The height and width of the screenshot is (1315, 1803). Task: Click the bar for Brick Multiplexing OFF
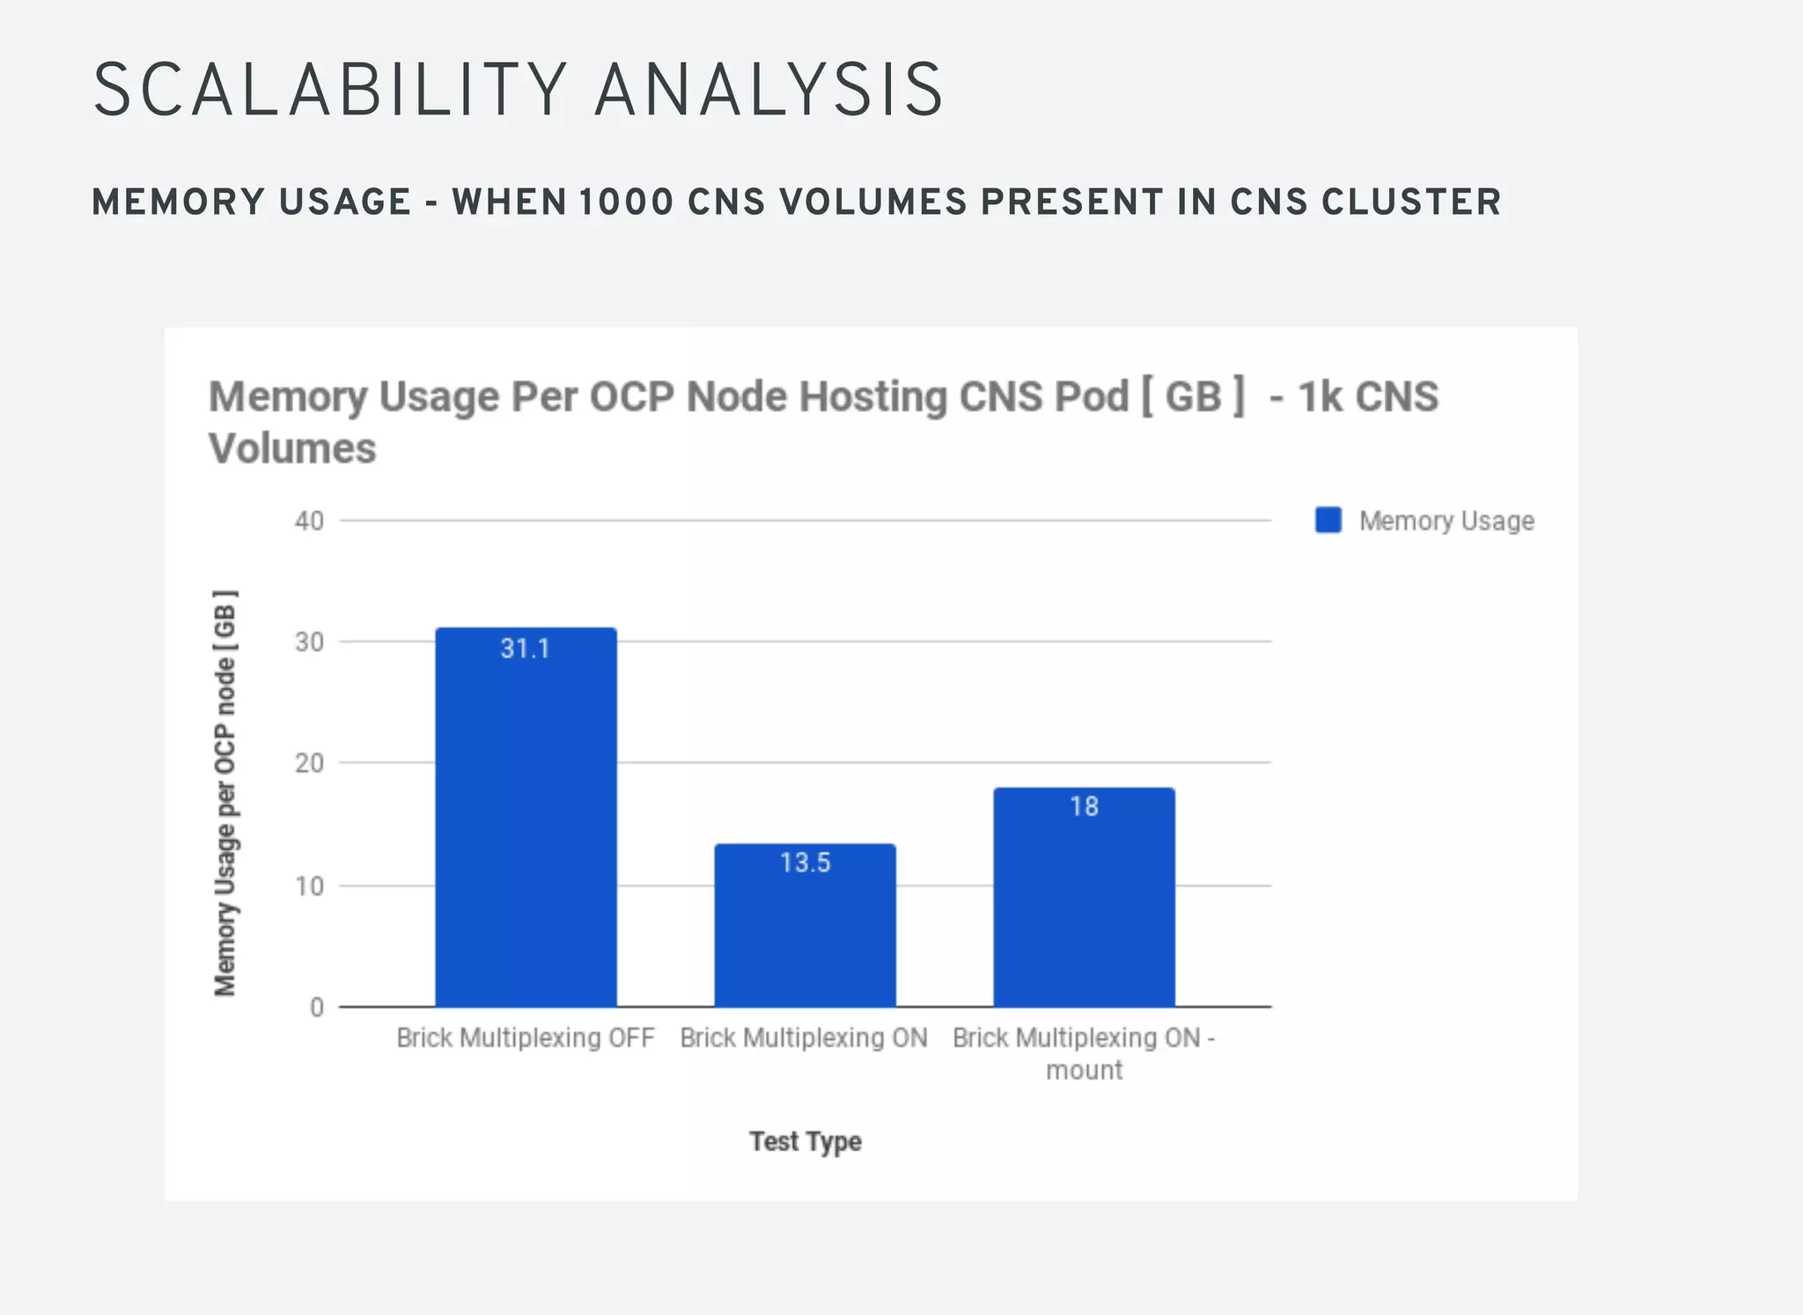tap(526, 827)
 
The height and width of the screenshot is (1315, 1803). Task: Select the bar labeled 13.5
tap(805, 933)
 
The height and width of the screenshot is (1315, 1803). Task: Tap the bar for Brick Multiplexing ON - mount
tap(1084, 907)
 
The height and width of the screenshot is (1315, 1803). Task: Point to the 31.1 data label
tap(526, 649)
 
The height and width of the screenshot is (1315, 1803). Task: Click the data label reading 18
tap(1084, 806)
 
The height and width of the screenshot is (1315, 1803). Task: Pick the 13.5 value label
tap(805, 863)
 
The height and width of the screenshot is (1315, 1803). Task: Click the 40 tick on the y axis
tap(309, 521)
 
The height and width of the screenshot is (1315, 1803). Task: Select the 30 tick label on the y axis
tap(309, 643)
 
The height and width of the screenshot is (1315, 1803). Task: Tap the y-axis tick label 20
tap(309, 763)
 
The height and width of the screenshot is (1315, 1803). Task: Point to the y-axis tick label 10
tap(309, 885)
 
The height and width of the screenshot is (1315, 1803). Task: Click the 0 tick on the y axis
tap(317, 1007)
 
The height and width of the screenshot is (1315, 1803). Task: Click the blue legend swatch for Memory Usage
tap(1328, 520)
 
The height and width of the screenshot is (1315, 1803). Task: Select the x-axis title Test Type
tap(805, 1142)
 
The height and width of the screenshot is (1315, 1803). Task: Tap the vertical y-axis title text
tap(225, 792)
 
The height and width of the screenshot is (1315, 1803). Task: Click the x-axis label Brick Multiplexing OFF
tap(526, 1039)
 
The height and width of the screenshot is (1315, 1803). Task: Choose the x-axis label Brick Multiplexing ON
tap(804, 1039)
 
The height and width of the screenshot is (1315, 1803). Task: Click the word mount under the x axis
tap(1084, 1071)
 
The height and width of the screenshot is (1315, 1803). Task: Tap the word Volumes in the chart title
tap(292, 448)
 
